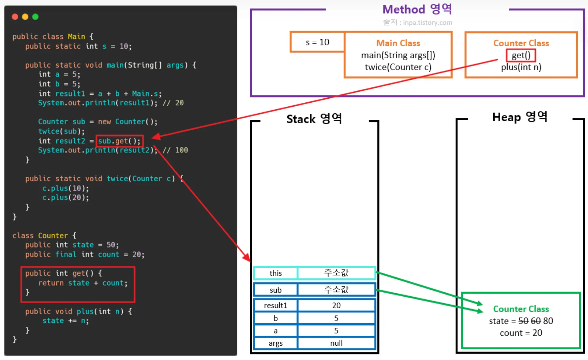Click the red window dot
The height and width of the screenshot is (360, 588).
coord(15,17)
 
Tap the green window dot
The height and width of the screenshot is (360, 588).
coord(35,17)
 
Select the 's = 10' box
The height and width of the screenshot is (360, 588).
coord(317,42)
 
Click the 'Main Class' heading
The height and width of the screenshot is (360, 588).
coord(398,43)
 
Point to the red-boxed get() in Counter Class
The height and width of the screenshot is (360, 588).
coord(521,55)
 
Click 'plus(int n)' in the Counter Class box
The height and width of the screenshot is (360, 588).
coord(521,67)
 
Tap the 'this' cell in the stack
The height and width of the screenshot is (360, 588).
coord(275,273)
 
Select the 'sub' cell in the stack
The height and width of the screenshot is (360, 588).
coord(275,290)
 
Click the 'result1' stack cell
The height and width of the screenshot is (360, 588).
coord(275,305)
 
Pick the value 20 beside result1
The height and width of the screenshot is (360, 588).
coord(336,305)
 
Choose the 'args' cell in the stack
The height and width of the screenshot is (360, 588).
coord(275,343)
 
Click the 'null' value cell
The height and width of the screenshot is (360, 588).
coord(336,343)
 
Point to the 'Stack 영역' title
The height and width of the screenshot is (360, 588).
coord(314,119)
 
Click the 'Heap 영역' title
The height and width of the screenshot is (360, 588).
coord(520,117)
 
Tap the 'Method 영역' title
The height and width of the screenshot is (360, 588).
coord(417,9)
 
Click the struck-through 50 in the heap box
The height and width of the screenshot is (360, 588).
coord(523,321)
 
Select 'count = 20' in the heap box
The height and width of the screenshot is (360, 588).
coord(521,333)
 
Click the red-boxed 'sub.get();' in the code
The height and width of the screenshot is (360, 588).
coord(120,141)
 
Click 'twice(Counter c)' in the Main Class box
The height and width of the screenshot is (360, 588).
coord(398,67)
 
